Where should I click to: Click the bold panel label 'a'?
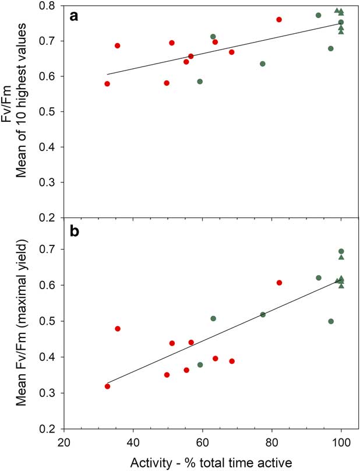74,16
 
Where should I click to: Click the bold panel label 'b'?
74,231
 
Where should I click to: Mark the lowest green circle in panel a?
200,82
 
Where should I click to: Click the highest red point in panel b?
279,283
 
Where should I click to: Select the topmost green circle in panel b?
341,251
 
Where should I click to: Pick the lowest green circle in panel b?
200,365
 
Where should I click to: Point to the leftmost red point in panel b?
107,386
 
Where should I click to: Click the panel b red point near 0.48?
118,329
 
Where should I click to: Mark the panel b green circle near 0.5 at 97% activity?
331,321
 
